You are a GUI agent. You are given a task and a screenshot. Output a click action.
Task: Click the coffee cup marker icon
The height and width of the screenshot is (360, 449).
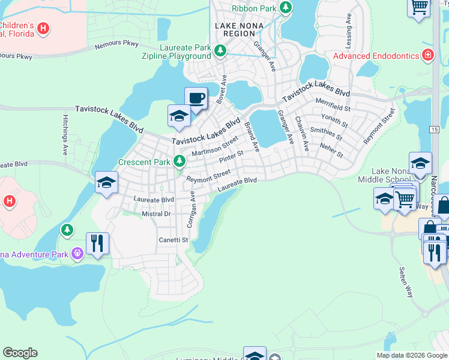196,98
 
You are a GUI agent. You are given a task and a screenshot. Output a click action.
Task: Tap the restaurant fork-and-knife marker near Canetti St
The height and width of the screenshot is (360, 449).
97,244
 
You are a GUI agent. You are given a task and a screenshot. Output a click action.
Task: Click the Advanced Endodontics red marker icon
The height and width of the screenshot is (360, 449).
428,56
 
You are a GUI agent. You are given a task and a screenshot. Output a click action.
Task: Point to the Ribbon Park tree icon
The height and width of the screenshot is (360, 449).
286,7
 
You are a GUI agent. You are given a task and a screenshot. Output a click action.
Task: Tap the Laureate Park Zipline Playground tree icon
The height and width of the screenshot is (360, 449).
220,51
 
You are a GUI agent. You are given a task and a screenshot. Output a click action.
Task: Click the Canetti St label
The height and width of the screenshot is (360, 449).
173,240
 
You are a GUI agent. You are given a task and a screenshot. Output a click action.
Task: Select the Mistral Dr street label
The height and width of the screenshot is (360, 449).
156,214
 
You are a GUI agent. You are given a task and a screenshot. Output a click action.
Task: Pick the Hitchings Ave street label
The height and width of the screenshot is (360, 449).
65,135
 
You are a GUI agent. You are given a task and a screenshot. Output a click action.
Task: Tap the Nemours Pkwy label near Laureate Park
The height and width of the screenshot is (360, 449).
116,45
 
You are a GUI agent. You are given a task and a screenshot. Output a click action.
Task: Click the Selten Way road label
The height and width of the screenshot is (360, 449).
406,283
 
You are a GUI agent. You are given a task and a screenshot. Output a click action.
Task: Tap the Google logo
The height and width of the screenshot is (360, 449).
20,353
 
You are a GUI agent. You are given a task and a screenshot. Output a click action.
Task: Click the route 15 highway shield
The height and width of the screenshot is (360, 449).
433,129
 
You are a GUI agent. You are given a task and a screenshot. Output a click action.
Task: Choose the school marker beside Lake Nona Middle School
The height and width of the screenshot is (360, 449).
420,163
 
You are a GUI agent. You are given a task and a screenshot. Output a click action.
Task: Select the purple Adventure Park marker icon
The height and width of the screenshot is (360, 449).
77,254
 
